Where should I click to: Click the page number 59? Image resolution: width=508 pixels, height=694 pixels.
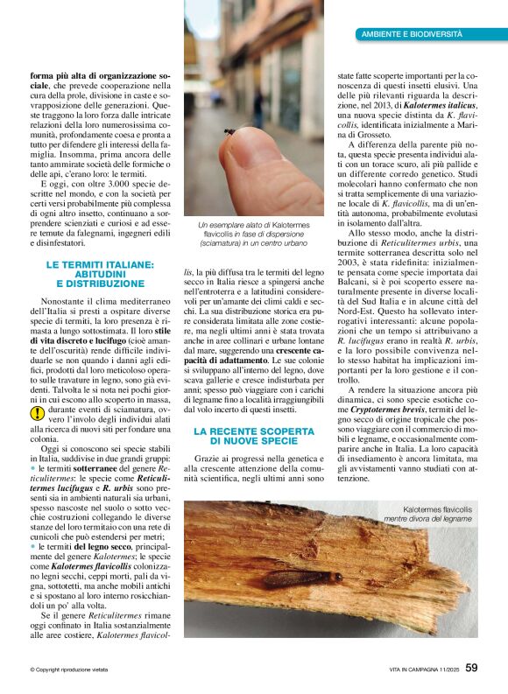471,669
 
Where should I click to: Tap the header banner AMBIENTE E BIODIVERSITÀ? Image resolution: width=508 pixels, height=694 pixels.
412,33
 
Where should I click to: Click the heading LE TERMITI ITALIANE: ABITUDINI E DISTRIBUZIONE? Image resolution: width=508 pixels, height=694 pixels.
100,274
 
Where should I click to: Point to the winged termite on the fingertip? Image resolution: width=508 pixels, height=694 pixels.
230,131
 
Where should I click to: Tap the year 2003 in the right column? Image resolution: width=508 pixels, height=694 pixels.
350,262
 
